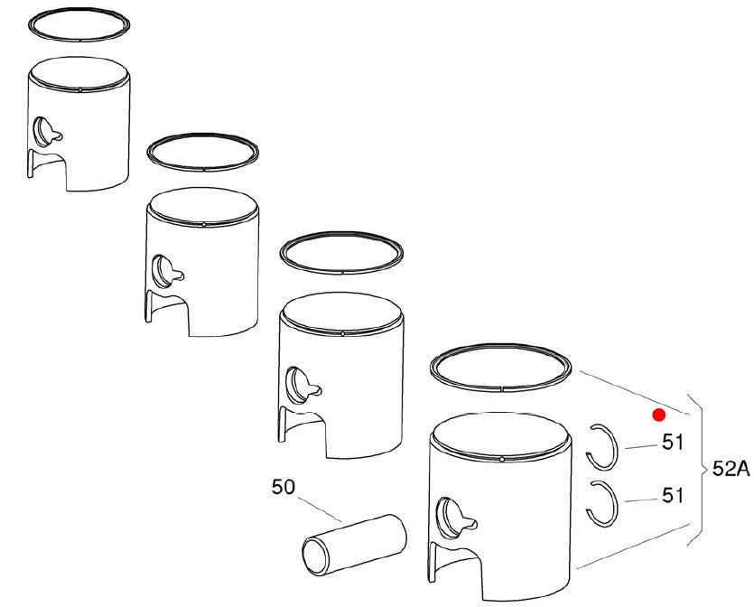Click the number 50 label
[283, 487]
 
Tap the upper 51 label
[672, 443]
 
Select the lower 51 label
[672, 495]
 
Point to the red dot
[659, 415]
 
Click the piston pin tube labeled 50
[354, 545]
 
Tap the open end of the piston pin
[313, 556]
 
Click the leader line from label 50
[319, 509]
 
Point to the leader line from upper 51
[641, 447]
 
